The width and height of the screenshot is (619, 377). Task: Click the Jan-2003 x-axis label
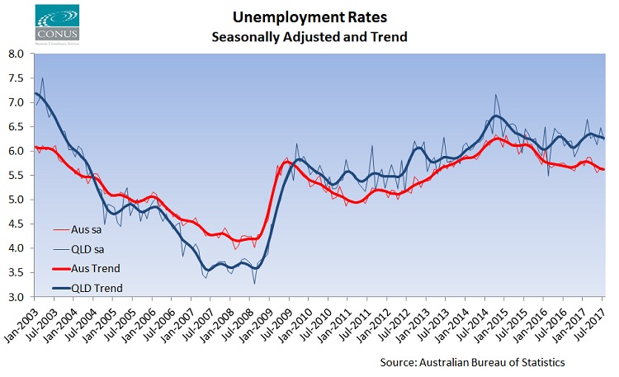tap(23, 322)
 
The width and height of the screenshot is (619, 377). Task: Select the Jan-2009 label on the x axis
tap(258, 322)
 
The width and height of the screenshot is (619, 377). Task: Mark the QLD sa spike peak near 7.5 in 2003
tap(43, 78)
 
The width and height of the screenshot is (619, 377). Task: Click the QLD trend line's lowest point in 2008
tap(255, 268)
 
